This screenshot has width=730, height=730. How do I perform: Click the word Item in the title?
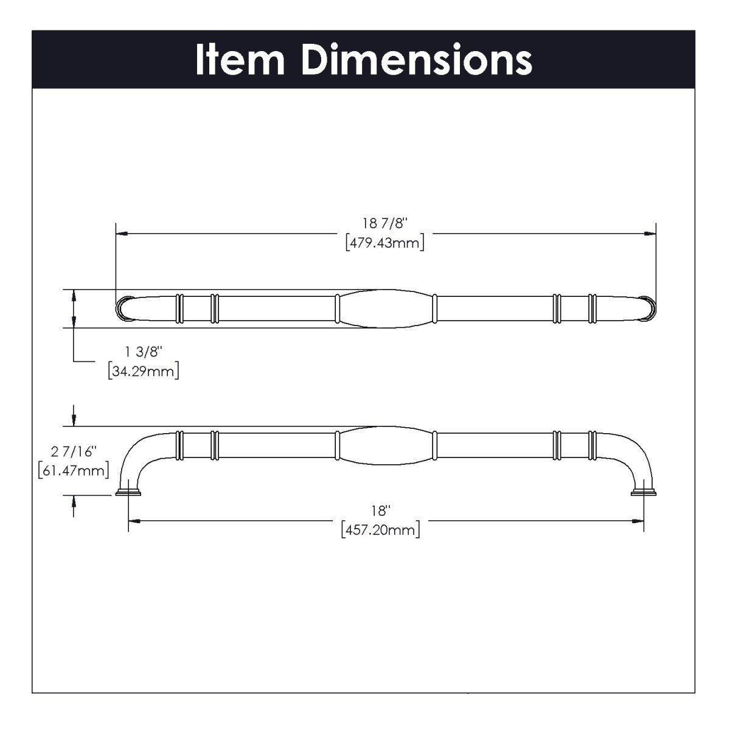tap(240, 60)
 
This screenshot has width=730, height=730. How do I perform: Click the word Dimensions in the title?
tap(416, 60)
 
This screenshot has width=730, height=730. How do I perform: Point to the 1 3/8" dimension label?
tap(144, 352)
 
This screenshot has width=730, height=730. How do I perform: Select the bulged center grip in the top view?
tap(386, 309)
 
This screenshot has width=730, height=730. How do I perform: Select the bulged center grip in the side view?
tap(386, 446)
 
